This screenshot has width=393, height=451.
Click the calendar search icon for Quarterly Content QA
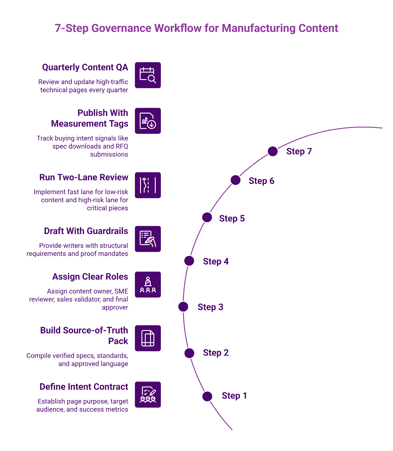click(148, 75)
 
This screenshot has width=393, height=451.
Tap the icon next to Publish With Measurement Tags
click(148, 121)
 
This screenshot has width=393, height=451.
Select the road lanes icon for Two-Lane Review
click(148, 185)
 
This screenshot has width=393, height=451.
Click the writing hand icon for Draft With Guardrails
click(148, 239)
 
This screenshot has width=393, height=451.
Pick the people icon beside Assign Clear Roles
click(148, 284)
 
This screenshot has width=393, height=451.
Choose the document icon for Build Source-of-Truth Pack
click(148, 338)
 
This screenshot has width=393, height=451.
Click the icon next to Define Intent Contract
click(148, 395)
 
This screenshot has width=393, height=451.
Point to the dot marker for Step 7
click(273, 151)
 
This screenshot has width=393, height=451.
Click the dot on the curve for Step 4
click(189, 261)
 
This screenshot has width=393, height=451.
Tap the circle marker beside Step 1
click(207, 396)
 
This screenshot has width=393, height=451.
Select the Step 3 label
click(210, 307)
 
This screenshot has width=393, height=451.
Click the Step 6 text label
click(261, 181)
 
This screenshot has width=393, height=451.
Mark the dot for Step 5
click(207, 218)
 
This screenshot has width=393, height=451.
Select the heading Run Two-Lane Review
click(84, 177)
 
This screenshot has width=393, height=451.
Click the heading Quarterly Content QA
click(85, 67)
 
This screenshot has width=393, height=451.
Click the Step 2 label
click(216, 353)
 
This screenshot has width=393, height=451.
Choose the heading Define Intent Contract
click(84, 387)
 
